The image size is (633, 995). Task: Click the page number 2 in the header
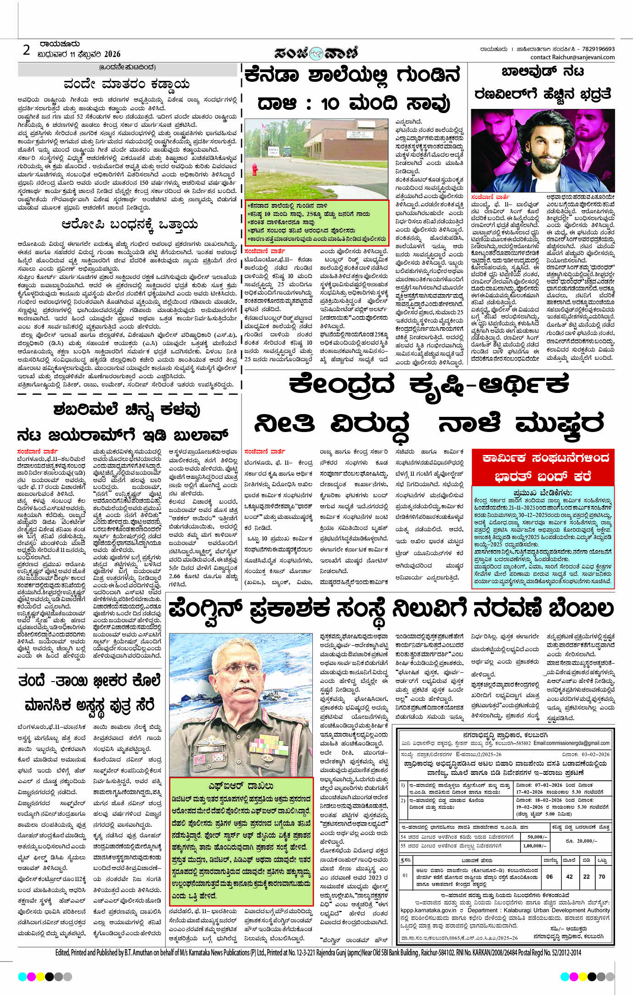(27, 50)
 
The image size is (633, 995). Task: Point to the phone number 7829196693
(598, 49)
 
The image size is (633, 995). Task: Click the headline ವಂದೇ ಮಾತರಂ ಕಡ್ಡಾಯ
(126, 85)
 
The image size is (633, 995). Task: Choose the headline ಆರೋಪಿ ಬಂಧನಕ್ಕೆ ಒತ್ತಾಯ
(130, 225)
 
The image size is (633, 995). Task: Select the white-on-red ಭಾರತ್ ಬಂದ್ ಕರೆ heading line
(543, 476)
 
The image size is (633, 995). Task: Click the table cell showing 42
(570, 876)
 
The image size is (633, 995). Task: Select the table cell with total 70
(602, 876)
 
